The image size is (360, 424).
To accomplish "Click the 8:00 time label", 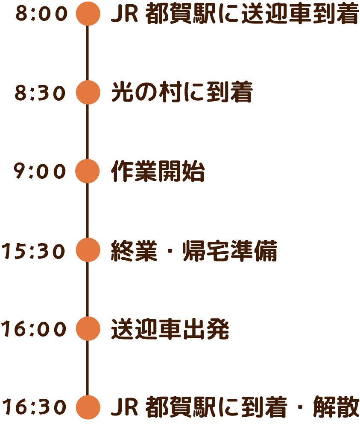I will coord(41,14).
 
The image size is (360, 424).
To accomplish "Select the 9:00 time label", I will coord(41,172).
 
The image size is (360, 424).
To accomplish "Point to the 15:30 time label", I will coord(33,251).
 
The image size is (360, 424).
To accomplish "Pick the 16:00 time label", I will coord(34,329).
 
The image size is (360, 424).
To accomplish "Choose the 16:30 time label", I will coord(34,407).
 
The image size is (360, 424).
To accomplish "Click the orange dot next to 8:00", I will coord(88,14).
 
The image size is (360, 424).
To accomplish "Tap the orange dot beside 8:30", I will coord(88,93).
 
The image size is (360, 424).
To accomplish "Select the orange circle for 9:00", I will coord(88,171).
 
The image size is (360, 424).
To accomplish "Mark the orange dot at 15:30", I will coord(88,250).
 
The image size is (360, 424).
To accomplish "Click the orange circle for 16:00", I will coord(88,329).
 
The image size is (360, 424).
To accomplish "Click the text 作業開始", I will coord(158,172).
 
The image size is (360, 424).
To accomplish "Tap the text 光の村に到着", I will coord(181,93).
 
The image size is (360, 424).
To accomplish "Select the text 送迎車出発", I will coord(170,329).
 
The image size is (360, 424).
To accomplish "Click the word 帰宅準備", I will coord(230,251).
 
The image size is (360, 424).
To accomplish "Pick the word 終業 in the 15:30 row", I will coord(134,251).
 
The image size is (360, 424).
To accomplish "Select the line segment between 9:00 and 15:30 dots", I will coord(88,211).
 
